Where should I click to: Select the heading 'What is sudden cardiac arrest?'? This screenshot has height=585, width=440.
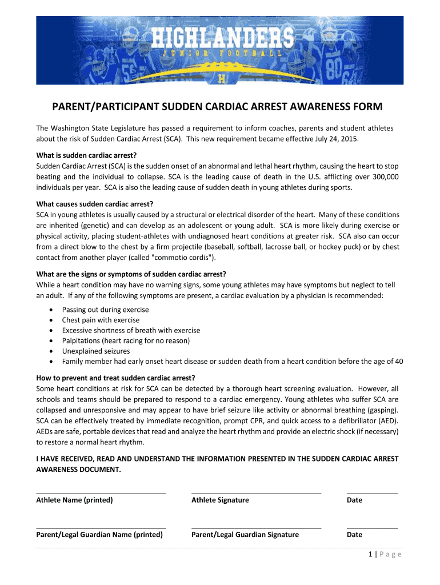click(x=87, y=155)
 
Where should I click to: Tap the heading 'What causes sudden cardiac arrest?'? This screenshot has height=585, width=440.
click(x=95, y=204)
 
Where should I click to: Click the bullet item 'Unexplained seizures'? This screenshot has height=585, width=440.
click(x=96, y=351)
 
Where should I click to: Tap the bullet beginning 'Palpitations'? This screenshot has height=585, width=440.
click(x=126, y=340)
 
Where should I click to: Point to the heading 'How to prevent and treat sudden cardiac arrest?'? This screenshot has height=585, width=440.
click(x=116, y=378)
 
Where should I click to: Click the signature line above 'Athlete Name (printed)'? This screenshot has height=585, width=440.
click(x=101, y=492)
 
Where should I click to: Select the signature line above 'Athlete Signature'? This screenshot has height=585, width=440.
click(x=257, y=492)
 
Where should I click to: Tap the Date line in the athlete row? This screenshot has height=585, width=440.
click(x=372, y=492)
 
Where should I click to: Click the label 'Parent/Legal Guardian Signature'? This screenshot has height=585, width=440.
click(x=245, y=535)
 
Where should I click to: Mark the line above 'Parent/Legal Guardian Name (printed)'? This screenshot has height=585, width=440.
click(x=101, y=527)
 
